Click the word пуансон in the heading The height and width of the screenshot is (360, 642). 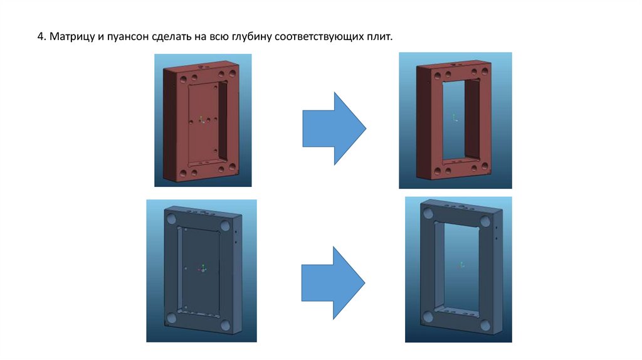pos(127,37)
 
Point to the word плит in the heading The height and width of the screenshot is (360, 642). pos(376,37)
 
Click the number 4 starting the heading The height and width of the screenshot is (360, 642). pos(40,36)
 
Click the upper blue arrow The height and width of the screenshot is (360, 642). pos(334,128)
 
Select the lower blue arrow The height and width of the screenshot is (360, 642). pos(334,283)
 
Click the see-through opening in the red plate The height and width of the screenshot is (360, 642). pos(453,119)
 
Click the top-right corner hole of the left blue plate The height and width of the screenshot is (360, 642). pos(225,226)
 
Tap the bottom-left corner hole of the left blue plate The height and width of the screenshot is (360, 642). pos(171,318)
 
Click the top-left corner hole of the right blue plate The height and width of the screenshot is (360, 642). pos(428,213)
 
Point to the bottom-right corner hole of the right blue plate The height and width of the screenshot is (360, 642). pos(485,326)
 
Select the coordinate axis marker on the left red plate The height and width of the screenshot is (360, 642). pos(201,120)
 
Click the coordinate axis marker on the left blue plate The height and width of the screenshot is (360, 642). pos(203,268)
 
